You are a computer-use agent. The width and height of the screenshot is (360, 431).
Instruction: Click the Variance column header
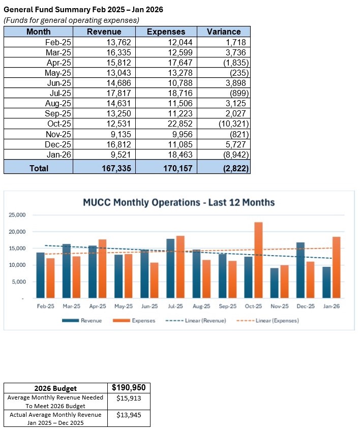[x=224, y=32]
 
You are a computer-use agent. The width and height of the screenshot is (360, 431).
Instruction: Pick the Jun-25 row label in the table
[x=58, y=82]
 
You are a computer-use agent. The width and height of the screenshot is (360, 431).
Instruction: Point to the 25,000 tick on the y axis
[x=17, y=216]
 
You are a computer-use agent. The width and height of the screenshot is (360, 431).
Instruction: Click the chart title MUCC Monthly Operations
[x=178, y=202]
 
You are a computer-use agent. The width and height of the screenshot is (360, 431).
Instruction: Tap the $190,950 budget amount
[x=129, y=388]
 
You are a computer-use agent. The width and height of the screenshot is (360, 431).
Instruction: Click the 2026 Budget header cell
[x=55, y=389]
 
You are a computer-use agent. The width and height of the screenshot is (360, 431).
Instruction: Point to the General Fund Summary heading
[x=84, y=10]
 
